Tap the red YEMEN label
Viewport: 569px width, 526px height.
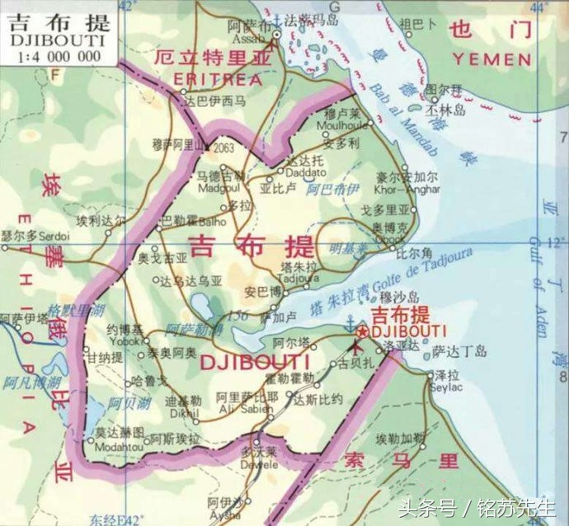click(491, 59)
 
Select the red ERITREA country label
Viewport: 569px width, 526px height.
click(219, 80)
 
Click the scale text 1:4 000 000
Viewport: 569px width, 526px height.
click(56, 56)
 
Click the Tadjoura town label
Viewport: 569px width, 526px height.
click(299, 279)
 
